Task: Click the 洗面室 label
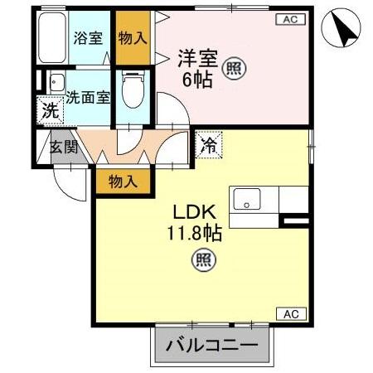tap(88, 96)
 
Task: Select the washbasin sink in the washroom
tap(56, 83)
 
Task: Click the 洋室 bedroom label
tap(196, 57)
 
